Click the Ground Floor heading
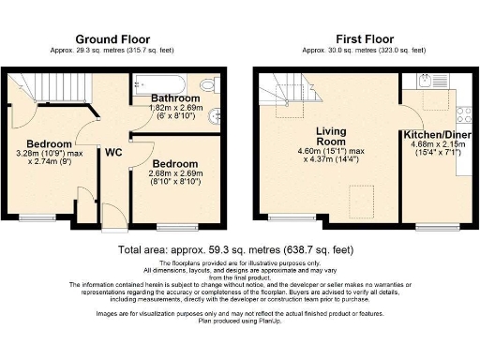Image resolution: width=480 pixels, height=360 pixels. click(116, 38)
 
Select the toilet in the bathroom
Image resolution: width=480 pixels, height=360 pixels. click(208, 86)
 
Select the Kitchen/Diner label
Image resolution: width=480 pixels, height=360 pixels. click(438, 135)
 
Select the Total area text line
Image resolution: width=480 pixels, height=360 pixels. click(238, 250)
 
